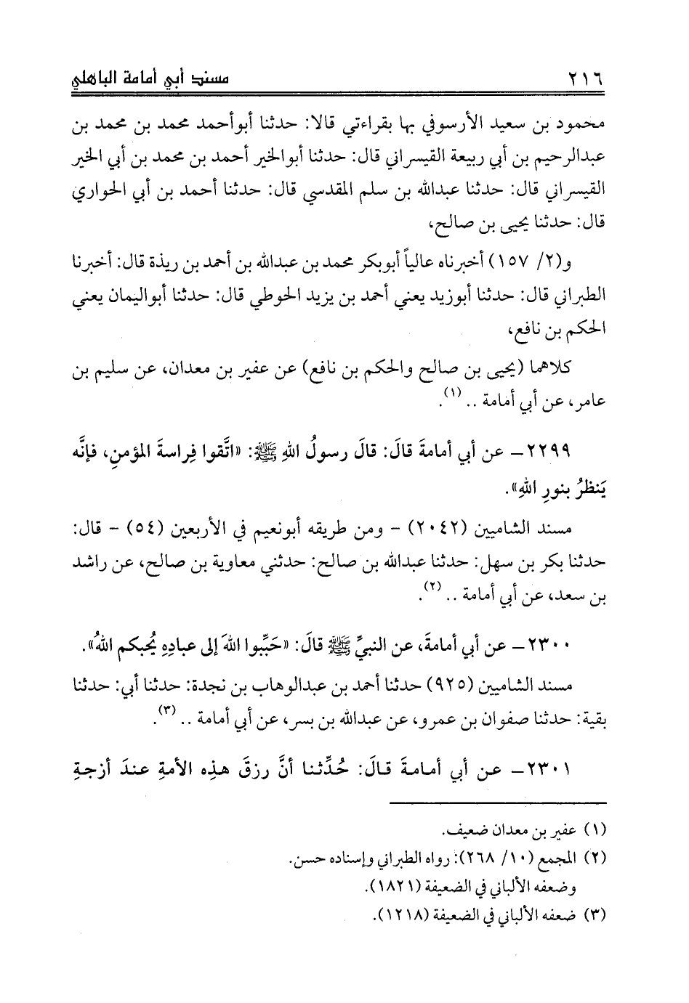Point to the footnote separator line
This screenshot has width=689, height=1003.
pos(498,802)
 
